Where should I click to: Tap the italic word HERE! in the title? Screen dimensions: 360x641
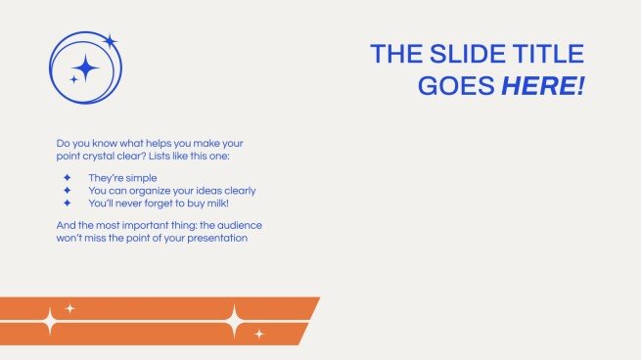pyautogui.click(x=542, y=85)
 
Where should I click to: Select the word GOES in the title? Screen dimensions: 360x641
pyautogui.click(x=456, y=85)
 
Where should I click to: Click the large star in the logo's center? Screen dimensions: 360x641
pyautogui.click(x=86, y=67)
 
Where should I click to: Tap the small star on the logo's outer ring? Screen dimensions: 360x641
pyautogui.click(x=110, y=41)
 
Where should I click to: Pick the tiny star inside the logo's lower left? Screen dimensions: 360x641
pyautogui.click(x=73, y=79)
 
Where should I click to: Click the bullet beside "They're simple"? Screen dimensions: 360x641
pyautogui.click(x=68, y=178)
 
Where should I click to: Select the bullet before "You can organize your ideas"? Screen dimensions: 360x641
pyautogui.click(x=68, y=191)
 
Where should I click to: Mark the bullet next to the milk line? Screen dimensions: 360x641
pyautogui.click(x=68, y=203)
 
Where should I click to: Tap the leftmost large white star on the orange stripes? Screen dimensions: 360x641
pyautogui.click(x=47, y=321)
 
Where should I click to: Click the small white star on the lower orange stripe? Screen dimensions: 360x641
pyautogui.click(x=259, y=334)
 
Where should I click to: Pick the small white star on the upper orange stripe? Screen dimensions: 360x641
pyautogui.click(x=70, y=308)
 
